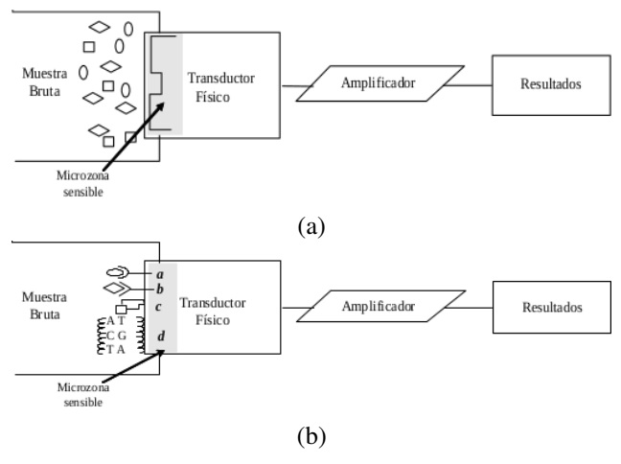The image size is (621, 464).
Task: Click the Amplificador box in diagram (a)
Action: (377, 82)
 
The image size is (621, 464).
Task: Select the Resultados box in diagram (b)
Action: (553, 309)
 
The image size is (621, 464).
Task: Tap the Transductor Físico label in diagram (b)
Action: (213, 311)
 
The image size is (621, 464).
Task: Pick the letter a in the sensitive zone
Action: (160, 273)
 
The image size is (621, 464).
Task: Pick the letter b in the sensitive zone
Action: (160, 288)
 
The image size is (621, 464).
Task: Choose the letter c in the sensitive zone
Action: (159, 306)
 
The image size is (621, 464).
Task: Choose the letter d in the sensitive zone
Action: (160, 336)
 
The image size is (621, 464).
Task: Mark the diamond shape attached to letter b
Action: (117, 288)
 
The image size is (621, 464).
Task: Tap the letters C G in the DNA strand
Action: (117, 335)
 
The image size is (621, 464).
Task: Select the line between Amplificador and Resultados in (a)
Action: (470, 82)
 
